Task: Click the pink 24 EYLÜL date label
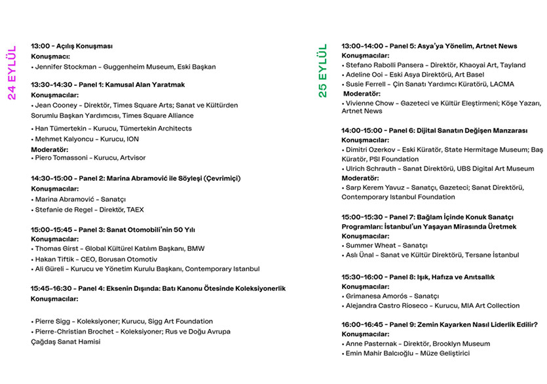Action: coord(12,73)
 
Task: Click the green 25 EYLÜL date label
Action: coord(322,71)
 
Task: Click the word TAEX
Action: coord(135,210)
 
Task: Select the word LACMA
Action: coord(501,85)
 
